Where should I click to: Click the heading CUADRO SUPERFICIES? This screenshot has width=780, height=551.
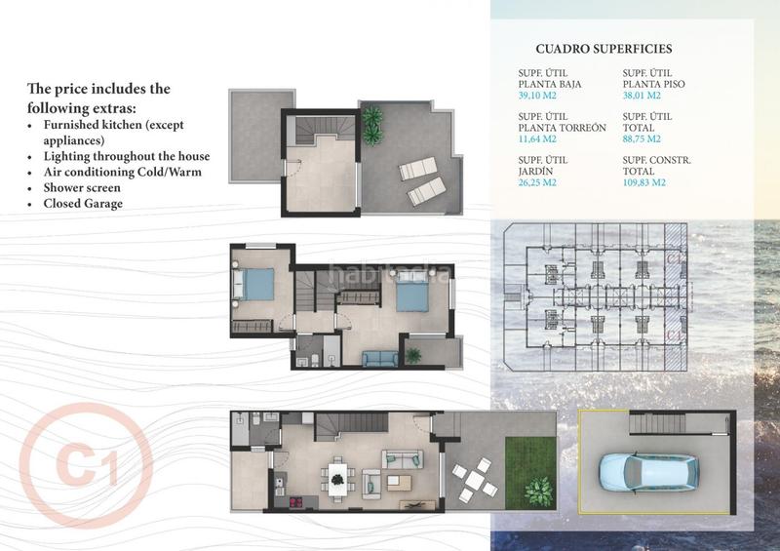pyautogui.click(x=604, y=49)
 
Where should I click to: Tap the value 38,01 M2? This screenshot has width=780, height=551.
pyautogui.click(x=645, y=97)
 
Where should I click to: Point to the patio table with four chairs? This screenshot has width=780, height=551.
pyautogui.click(x=475, y=479)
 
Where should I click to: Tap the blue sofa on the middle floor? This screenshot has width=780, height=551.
pyautogui.click(x=378, y=358)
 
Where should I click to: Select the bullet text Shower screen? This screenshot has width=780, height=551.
pyautogui.click(x=83, y=187)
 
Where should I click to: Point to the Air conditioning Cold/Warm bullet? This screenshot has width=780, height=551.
pyautogui.click(x=119, y=172)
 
